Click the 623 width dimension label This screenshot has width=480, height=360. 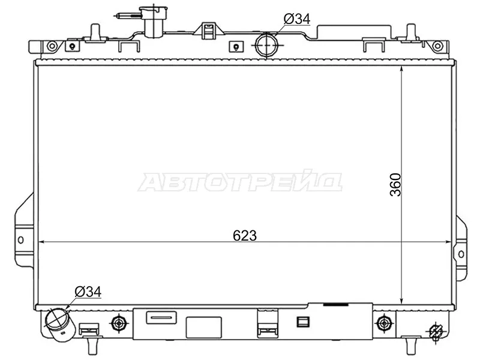coord(245,236)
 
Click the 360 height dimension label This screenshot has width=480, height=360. coord(395,185)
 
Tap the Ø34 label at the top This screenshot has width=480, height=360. coord(297,19)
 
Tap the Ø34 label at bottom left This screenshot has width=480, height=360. coord(88,292)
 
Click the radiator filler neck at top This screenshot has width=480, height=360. coord(150,22)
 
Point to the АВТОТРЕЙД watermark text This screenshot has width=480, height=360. coord(240,183)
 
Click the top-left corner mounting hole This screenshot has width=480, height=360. coord(52,46)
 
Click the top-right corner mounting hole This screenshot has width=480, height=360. coord(438,46)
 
